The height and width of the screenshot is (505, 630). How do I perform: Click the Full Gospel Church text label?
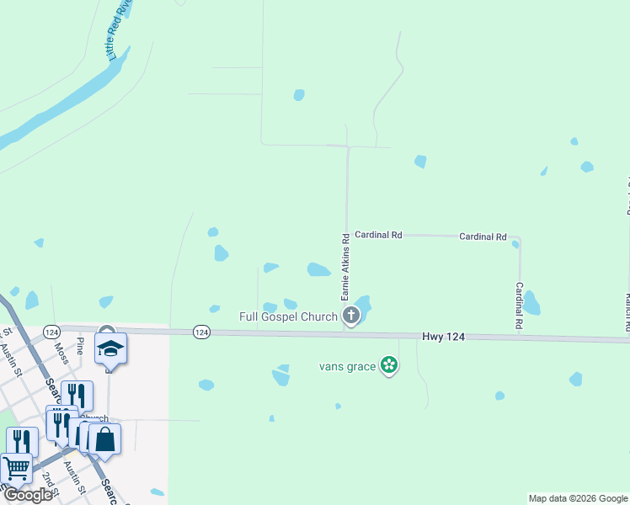288,316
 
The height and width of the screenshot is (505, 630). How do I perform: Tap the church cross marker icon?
351,316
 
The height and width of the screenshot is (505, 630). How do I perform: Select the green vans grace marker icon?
389,365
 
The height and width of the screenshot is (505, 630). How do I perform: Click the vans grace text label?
347,366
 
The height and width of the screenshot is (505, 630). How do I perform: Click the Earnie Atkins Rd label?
344,268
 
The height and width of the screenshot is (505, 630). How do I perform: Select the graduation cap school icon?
110,348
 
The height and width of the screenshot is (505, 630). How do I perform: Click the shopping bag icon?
104,439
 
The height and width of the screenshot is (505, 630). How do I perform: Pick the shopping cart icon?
16,467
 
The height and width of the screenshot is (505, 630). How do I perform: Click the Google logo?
27,495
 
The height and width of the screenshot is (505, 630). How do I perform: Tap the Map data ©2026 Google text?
577,498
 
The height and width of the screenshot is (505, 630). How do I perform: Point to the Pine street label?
80,344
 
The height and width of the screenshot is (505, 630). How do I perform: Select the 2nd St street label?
49,481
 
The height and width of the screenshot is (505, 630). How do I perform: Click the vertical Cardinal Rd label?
519,305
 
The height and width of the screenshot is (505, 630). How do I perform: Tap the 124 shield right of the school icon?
201,332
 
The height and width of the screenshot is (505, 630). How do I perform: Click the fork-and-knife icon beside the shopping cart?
23,442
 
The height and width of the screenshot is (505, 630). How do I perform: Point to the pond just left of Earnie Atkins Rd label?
318,269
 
